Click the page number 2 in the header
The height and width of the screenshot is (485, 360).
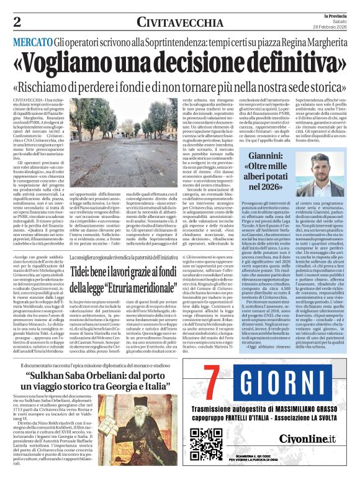[17, 22]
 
